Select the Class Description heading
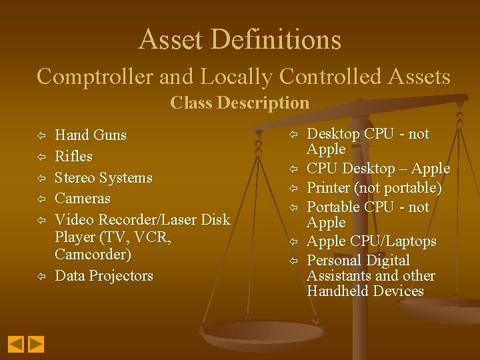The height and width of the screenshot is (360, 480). pos(240,103)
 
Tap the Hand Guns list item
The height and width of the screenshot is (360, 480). pos(90,135)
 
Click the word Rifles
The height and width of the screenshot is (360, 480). pos(73,157)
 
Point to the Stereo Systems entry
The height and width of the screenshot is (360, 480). pos(103,178)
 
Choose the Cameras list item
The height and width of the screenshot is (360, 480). pos(83,199)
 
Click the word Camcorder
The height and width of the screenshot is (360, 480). pos(93,255)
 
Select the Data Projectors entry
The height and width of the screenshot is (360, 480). pos(104,276)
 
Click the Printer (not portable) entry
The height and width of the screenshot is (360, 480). pos(374,188)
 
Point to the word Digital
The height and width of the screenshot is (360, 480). pos(386,260)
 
